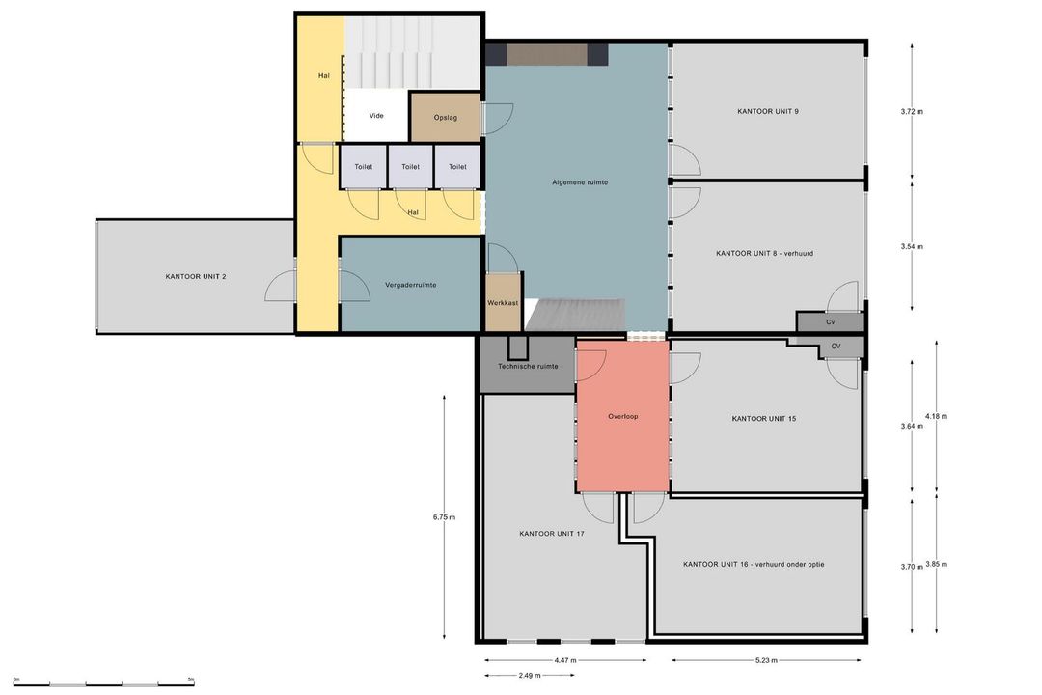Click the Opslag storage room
coord(445,117)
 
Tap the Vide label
coord(376,116)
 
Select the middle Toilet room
coord(411,166)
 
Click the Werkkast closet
coord(503,301)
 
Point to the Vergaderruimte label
coord(411,285)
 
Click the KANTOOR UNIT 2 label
coord(196,276)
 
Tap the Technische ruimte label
coord(529,366)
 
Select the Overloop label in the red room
coord(622,416)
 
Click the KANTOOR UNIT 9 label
coord(768,111)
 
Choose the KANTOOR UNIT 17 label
coord(552,534)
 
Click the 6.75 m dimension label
coord(444,517)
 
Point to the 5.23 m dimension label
coord(766,660)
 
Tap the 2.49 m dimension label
coord(530,675)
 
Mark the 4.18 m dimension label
coord(936,416)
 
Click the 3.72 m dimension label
coord(912,112)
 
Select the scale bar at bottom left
coord(103,684)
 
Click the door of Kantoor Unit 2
coord(281,286)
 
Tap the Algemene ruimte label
coord(580,182)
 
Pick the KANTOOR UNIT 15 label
coord(763,418)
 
